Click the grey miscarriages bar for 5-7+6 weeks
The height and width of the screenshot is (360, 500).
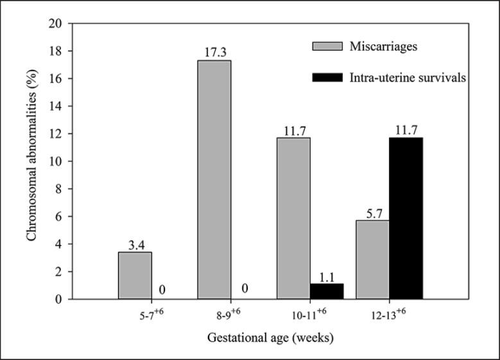click(135, 276)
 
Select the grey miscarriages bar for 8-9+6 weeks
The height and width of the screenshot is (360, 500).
click(214, 180)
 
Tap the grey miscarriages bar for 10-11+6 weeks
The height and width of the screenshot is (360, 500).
click(293, 218)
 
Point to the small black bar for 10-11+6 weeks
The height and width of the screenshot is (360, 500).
click(327, 291)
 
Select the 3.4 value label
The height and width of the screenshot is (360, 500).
click(135, 245)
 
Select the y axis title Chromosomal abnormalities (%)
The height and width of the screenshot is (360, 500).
click(31, 160)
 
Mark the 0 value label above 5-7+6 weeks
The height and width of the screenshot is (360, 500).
click(162, 291)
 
